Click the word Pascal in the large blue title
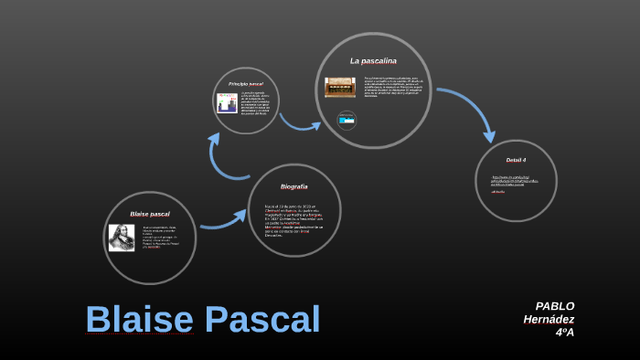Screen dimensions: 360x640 point(262,320)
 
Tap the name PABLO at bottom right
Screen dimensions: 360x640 point(555,306)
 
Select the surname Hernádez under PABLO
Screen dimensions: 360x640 point(549,319)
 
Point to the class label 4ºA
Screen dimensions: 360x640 point(564,332)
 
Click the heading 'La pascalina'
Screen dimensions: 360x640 point(373,61)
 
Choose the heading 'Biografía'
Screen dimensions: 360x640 point(293,186)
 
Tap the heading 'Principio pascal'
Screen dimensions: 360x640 point(245,84)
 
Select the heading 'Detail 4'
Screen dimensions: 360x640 point(516,160)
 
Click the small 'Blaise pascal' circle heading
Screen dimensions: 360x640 point(150,214)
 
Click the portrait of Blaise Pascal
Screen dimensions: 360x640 point(122,238)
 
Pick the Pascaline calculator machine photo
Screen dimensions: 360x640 point(340,87)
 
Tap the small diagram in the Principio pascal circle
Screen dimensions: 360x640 point(227,102)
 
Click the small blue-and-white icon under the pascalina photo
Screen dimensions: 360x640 point(347,120)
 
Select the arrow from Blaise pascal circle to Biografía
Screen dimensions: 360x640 point(224,219)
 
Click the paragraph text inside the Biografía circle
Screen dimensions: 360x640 point(294,219)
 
